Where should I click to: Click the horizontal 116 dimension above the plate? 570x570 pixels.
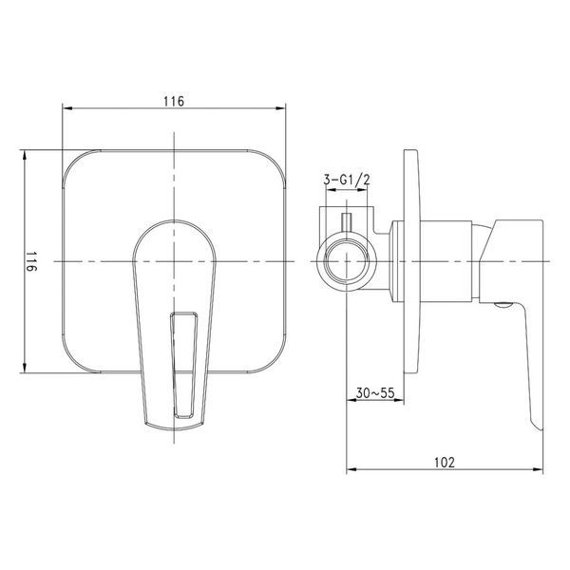click(174, 102)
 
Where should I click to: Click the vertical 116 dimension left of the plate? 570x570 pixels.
click(31, 261)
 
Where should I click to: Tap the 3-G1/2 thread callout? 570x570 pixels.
click(347, 180)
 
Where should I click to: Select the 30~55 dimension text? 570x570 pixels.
click(375, 393)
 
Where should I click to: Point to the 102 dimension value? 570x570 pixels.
click(445, 463)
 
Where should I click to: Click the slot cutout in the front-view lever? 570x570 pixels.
click(184, 365)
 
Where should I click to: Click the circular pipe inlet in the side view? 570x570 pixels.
click(343, 262)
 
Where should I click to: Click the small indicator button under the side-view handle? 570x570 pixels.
click(503, 305)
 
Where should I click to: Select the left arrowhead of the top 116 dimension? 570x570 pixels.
click(67, 108)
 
